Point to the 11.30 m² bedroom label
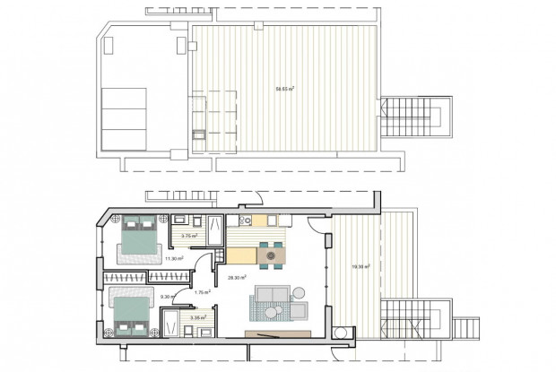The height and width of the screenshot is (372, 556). [x=174, y=259]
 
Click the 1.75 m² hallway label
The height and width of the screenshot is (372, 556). [x=204, y=292]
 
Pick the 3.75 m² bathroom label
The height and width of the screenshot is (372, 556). [x=189, y=236]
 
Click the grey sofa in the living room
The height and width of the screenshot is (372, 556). [x=271, y=294]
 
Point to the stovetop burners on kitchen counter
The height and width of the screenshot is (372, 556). [x=246, y=221]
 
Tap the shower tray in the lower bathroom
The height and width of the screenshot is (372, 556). [x=170, y=321]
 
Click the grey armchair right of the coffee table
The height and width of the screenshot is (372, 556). [x=300, y=311]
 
